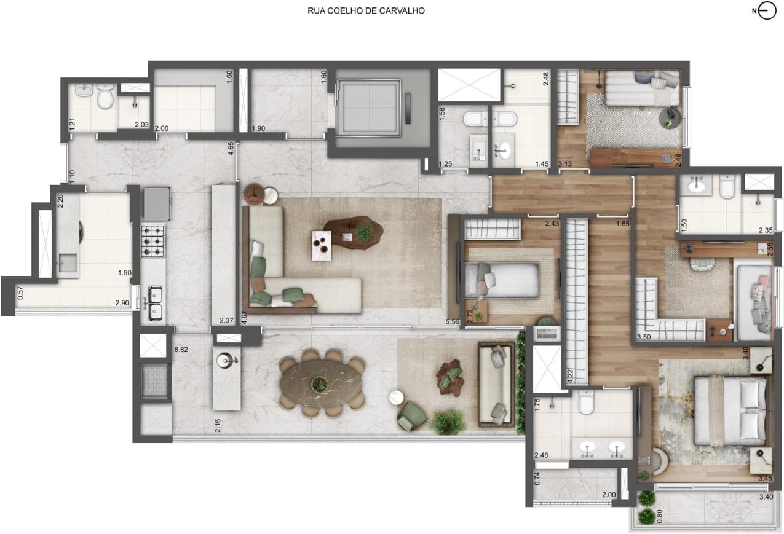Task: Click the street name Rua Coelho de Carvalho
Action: pyautogui.click(x=366, y=11)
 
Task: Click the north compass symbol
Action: pyautogui.click(x=765, y=11)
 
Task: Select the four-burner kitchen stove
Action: pyautogui.click(x=152, y=241)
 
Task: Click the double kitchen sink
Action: pyautogui.click(x=154, y=303)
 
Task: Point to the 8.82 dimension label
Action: pyautogui.click(x=181, y=350)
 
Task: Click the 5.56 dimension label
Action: pyautogui.click(x=453, y=321)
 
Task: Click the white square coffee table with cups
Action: pyautogui.click(x=322, y=246)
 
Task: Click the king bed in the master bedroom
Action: pyautogui.click(x=730, y=412)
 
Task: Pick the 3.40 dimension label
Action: pyautogui.click(x=766, y=497)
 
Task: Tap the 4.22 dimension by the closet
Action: pyautogui.click(x=570, y=376)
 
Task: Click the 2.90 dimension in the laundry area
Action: pyautogui.click(x=122, y=303)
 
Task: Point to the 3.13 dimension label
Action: pyautogui.click(x=565, y=163)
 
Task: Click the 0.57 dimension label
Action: pyautogui.click(x=20, y=293)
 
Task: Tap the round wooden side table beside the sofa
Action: pyautogui.click(x=255, y=194)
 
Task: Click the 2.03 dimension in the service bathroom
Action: pyautogui.click(x=142, y=125)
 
